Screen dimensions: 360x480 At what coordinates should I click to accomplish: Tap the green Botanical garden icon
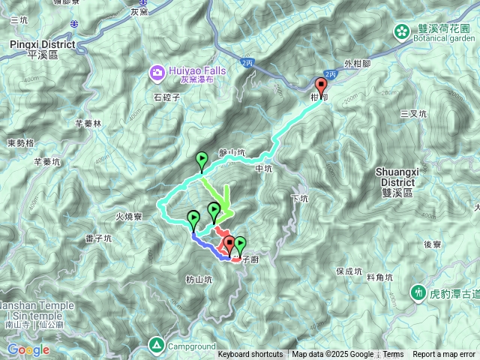pyautogui.click(x=402, y=31)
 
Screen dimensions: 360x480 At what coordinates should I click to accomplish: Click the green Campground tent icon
pyautogui.click(x=157, y=345)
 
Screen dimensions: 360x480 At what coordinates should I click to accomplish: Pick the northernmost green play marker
pyautogui.click(x=202, y=160)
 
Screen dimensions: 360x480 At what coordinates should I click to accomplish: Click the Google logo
pyautogui.click(x=28, y=349)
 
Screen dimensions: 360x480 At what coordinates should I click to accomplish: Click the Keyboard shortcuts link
pyautogui.click(x=250, y=355)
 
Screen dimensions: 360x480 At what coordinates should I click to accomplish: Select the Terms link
pyautogui.click(x=393, y=355)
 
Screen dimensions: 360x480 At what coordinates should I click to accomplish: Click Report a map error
pyautogui.click(x=443, y=355)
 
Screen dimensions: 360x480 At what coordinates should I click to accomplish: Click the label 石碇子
pyautogui.click(x=167, y=97)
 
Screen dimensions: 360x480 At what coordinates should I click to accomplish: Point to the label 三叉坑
pyautogui.click(x=412, y=114)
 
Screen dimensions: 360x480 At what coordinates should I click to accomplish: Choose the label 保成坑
pyautogui.click(x=349, y=271)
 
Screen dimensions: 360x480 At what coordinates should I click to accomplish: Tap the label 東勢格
pyautogui.click(x=21, y=143)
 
